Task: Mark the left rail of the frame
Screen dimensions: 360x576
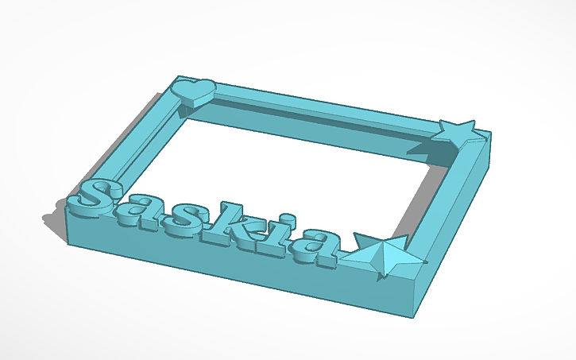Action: [135, 143]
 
